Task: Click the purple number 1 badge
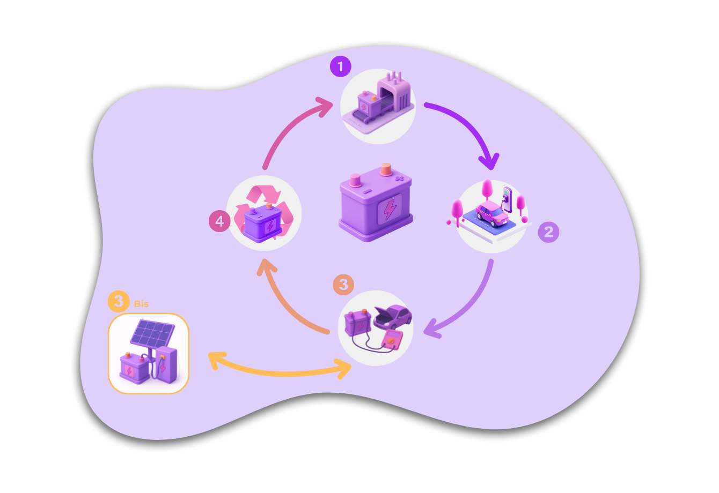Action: pyautogui.click(x=340, y=67)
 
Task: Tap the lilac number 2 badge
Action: pyautogui.click(x=548, y=232)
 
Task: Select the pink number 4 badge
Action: pyautogui.click(x=219, y=221)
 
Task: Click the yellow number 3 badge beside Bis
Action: pyautogui.click(x=119, y=301)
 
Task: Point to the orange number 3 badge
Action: pyautogui.click(x=343, y=285)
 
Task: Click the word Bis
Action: pyautogui.click(x=141, y=304)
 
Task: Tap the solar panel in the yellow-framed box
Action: pyautogui.click(x=152, y=333)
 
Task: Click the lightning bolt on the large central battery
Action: pyautogui.click(x=390, y=208)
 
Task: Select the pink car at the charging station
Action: pyautogui.click(x=491, y=213)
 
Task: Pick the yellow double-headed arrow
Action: pyautogui.click(x=279, y=371)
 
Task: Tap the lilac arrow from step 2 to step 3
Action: pyautogui.click(x=472, y=305)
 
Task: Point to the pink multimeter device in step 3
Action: pyautogui.click(x=391, y=340)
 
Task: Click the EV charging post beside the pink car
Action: pyautogui.click(x=507, y=198)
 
